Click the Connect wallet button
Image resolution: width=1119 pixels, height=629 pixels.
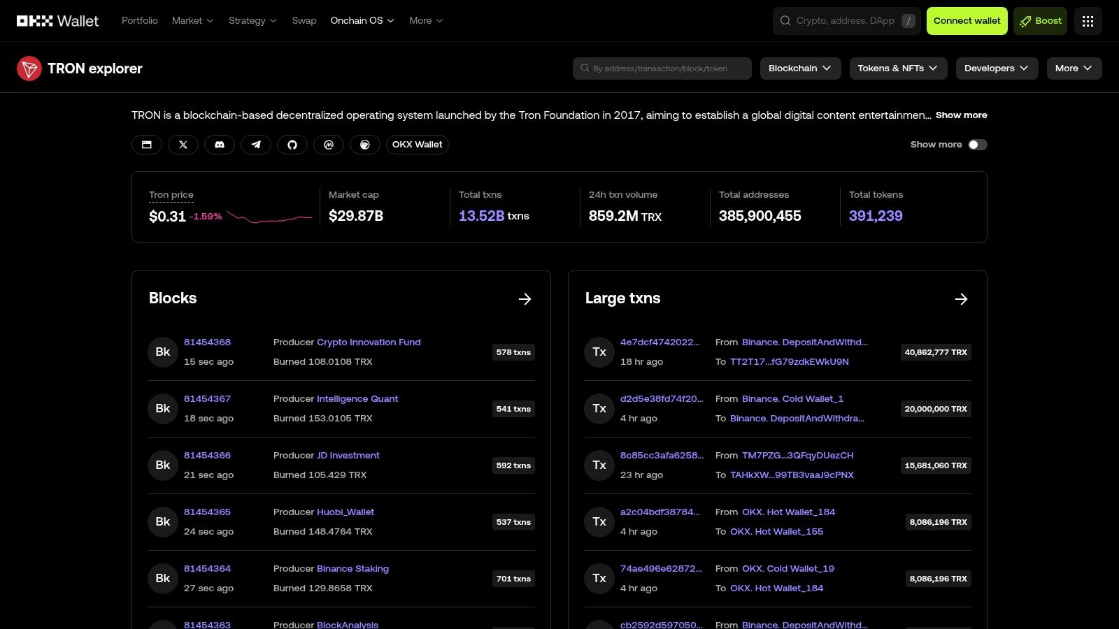pos(967,21)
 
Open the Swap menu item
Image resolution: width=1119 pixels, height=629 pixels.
pos(304,21)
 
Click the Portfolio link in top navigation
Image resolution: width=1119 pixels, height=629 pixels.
pos(140,21)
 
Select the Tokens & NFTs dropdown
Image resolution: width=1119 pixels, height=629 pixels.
pos(897,68)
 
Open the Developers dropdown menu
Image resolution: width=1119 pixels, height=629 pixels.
pos(996,68)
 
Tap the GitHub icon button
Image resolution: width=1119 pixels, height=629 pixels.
pos(292,145)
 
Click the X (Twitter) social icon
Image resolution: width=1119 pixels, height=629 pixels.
pos(183,145)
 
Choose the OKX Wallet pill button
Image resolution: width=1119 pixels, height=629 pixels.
pos(417,145)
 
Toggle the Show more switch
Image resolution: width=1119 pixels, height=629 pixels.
pos(977,145)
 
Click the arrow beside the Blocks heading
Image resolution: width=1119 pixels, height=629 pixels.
pos(525,299)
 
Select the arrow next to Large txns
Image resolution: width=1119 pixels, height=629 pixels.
pos(961,299)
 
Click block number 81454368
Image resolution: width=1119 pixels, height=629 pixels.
pos(207,342)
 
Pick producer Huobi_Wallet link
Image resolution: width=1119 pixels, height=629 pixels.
pos(345,512)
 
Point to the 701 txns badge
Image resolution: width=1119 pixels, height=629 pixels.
pos(513,579)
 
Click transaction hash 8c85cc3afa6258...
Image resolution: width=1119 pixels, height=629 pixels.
pos(661,456)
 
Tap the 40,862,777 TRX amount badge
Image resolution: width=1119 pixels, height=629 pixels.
pos(935,352)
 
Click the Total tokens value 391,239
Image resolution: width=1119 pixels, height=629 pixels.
pos(875,216)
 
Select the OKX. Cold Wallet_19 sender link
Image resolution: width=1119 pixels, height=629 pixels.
pos(787,569)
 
